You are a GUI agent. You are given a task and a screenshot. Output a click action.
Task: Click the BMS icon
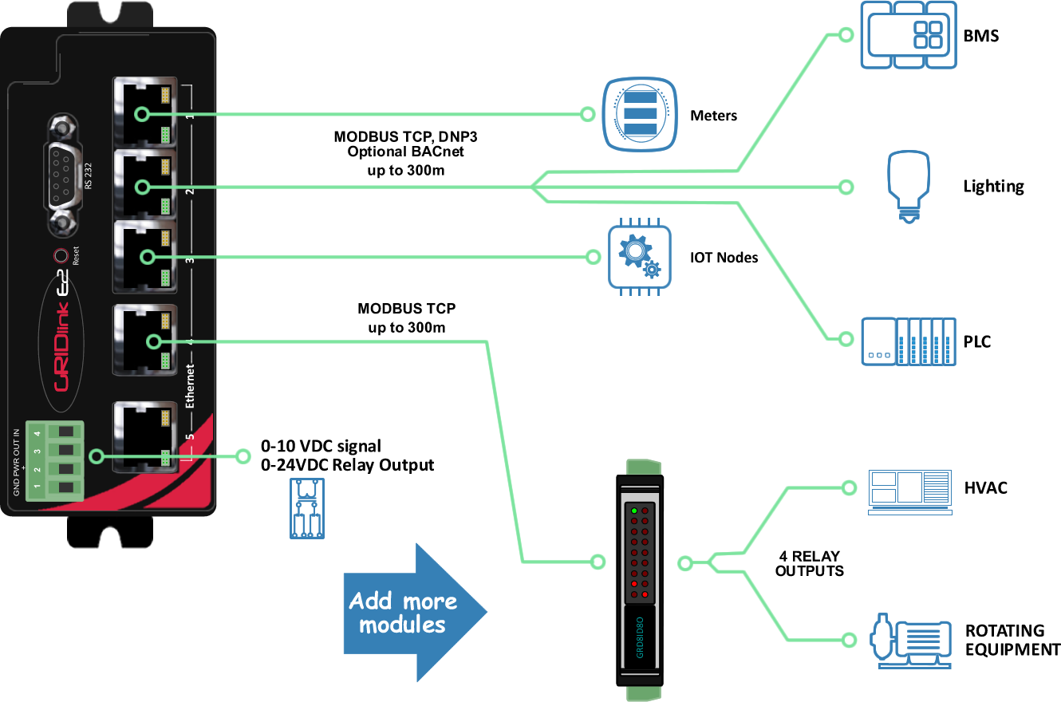(x=909, y=34)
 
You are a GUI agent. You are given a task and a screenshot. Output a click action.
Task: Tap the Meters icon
(x=639, y=114)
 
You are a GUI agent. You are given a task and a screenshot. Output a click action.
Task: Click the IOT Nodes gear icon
(x=639, y=256)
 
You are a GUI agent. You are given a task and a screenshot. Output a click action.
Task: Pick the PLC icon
(x=908, y=341)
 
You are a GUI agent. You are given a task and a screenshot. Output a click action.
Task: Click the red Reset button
(x=60, y=256)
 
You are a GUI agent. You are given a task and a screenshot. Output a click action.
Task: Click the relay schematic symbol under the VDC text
(x=306, y=508)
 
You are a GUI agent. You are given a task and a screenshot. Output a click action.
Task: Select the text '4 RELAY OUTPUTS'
(x=809, y=563)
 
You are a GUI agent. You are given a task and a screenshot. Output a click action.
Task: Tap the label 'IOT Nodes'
(x=723, y=258)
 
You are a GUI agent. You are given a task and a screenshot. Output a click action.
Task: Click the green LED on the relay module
(x=634, y=511)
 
